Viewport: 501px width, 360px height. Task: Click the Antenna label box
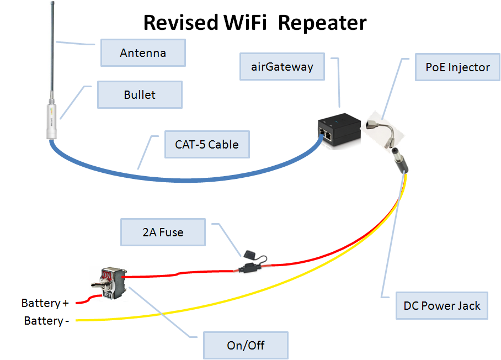point(143,53)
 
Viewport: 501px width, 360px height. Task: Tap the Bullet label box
point(140,94)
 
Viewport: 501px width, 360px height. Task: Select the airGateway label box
point(282,66)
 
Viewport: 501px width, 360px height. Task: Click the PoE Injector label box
point(457,67)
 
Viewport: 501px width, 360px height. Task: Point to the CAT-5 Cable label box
point(207,144)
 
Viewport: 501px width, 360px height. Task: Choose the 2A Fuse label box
point(163,232)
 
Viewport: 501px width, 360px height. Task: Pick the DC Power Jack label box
point(442,306)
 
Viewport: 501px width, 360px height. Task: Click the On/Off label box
point(246,345)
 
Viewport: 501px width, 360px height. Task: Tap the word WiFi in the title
point(245,23)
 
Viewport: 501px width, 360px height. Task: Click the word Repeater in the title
point(322,23)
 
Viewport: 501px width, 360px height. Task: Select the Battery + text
point(45,303)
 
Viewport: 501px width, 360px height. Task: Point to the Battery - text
point(47,321)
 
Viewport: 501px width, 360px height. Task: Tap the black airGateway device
point(339,131)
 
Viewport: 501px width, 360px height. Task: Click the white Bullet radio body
point(51,119)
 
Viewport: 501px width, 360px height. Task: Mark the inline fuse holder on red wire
point(253,263)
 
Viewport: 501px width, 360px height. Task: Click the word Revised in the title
point(181,23)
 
